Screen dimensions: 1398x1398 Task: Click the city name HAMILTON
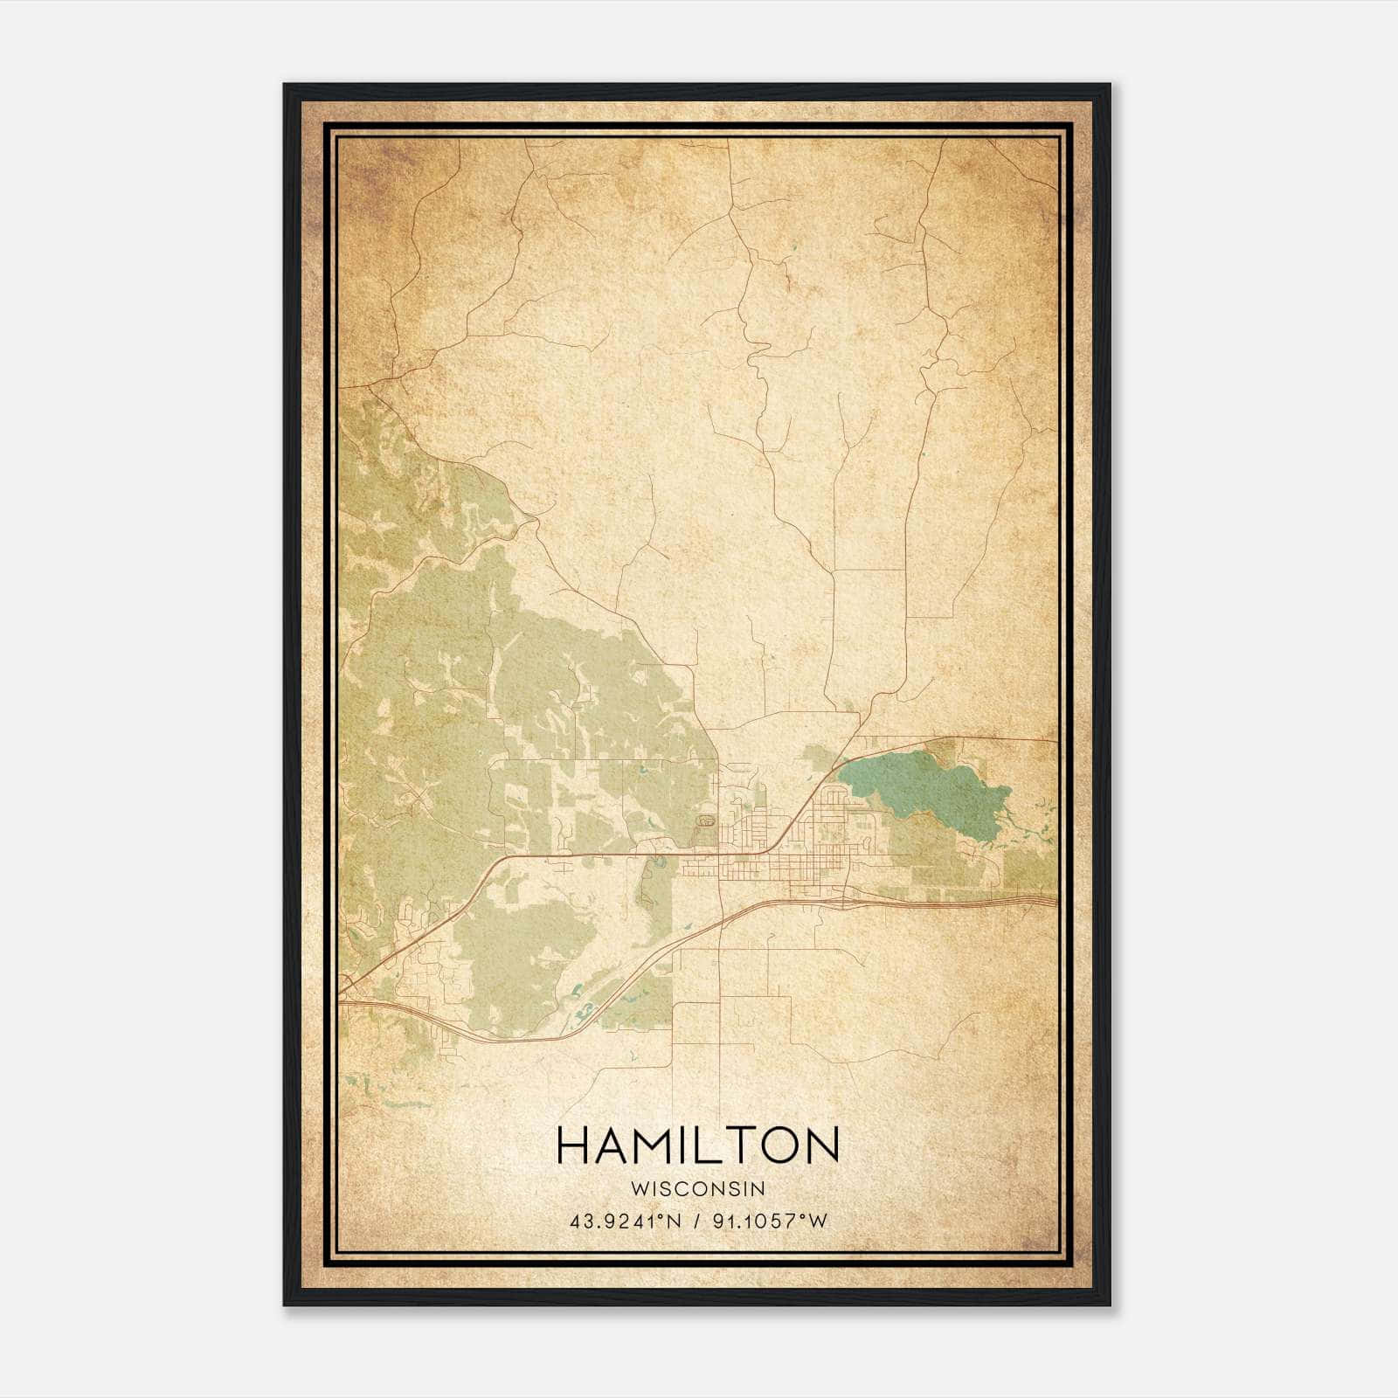click(697, 1145)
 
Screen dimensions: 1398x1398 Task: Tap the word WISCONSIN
click(697, 1188)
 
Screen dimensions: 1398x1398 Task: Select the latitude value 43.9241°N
click(626, 1222)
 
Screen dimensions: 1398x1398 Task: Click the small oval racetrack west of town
click(704, 821)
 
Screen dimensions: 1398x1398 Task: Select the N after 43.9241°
click(675, 1222)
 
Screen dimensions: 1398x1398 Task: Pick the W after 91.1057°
click(817, 1222)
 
